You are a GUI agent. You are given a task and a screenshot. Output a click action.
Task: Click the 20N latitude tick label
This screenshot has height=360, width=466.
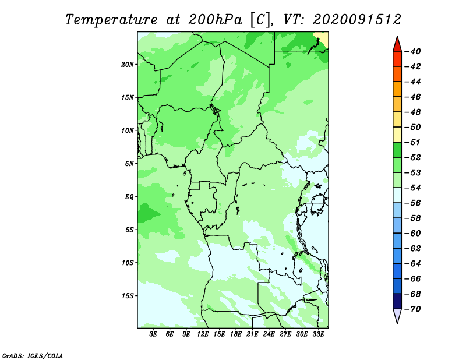[x=127, y=64]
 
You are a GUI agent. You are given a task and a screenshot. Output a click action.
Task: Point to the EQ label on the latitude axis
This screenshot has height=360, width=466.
[x=129, y=196]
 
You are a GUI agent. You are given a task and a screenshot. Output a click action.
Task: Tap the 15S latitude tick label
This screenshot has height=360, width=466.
[x=128, y=296]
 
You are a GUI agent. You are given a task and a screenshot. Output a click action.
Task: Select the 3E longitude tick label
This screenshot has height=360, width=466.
[x=153, y=334]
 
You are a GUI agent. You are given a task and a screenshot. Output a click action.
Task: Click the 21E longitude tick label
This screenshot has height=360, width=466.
[x=252, y=334]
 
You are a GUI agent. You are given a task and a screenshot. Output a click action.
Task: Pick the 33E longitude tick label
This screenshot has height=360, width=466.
[x=318, y=334]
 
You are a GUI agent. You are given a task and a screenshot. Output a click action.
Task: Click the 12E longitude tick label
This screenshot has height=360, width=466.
[x=203, y=334]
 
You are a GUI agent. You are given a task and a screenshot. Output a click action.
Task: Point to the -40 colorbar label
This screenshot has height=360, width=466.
[x=413, y=51]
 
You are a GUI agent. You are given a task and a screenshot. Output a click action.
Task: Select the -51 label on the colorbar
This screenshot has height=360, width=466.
[x=413, y=142]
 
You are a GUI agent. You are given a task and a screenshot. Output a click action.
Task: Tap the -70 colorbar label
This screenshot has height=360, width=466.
[x=413, y=309]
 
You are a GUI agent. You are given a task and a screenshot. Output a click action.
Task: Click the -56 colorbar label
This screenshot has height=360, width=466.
[x=413, y=203]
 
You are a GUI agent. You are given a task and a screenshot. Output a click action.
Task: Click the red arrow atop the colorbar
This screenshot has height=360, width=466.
[x=397, y=45]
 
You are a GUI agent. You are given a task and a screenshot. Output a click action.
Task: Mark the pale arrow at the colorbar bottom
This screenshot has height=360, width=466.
[x=397, y=316]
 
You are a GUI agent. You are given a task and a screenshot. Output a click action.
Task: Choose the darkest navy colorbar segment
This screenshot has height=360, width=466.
[x=397, y=301]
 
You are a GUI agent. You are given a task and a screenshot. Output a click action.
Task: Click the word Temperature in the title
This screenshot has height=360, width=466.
[x=111, y=20]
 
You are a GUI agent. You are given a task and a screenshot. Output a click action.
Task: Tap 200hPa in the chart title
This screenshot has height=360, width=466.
[x=215, y=20]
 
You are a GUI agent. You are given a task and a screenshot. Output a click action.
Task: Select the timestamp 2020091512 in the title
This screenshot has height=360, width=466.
[x=356, y=20]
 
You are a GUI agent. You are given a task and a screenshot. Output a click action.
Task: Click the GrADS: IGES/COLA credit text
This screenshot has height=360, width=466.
[x=33, y=355]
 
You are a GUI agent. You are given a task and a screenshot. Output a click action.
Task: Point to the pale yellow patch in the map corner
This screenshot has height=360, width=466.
[x=323, y=38]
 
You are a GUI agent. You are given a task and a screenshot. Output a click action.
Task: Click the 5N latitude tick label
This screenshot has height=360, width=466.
[x=129, y=164]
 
